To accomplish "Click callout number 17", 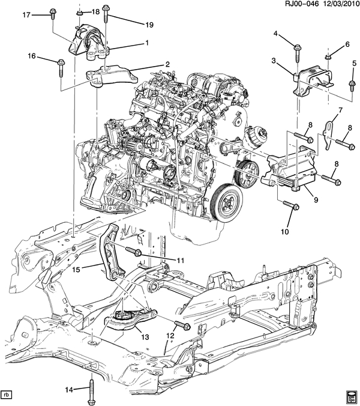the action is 26,15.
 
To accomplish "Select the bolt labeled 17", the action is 52,14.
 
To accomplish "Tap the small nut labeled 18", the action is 79,13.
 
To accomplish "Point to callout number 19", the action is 149,25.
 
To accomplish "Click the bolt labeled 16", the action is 61,68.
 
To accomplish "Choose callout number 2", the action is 167,64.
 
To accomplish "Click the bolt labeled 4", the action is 297,54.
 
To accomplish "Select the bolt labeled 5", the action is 352,85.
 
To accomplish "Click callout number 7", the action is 340,111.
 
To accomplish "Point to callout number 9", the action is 316,199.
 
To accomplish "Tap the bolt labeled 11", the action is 133,251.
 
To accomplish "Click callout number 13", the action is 145,337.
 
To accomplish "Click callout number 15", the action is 76,269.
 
